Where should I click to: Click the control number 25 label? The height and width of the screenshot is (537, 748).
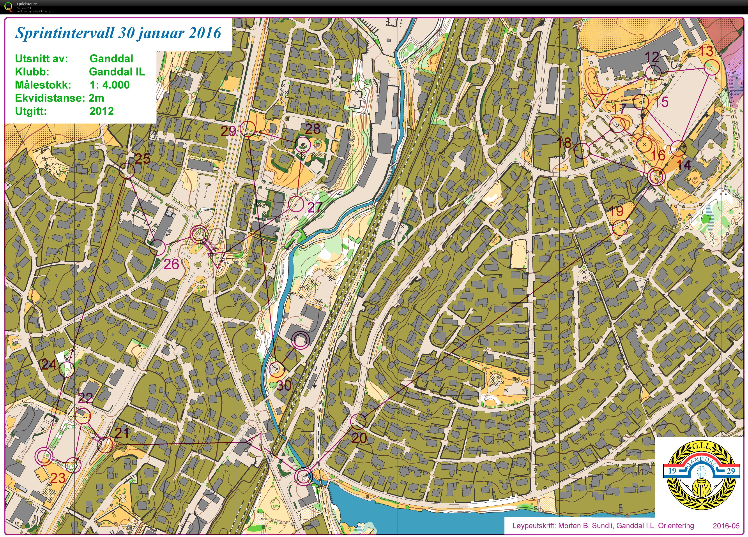(x=142, y=159)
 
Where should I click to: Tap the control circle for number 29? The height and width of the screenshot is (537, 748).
(x=247, y=129)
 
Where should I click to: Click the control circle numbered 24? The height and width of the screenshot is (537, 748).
(x=67, y=369)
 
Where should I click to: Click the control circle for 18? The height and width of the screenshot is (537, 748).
(x=582, y=151)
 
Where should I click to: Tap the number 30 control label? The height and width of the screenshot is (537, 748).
(x=284, y=385)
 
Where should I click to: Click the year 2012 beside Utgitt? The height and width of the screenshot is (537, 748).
(x=102, y=111)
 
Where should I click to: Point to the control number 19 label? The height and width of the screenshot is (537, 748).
(x=616, y=211)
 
